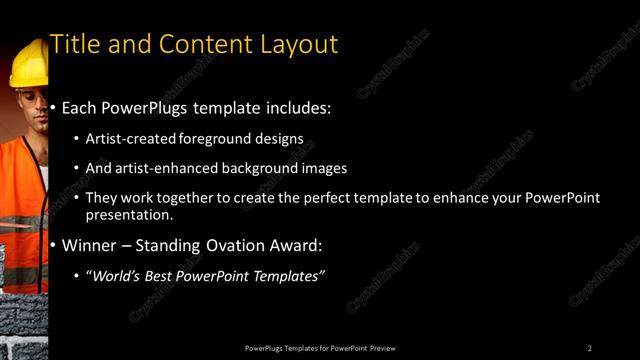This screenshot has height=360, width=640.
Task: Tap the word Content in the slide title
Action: point(199,44)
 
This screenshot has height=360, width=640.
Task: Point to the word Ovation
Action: point(237,245)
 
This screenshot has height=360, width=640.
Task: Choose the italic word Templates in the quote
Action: point(291,276)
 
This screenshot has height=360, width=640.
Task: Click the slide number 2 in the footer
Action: point(590,347)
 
